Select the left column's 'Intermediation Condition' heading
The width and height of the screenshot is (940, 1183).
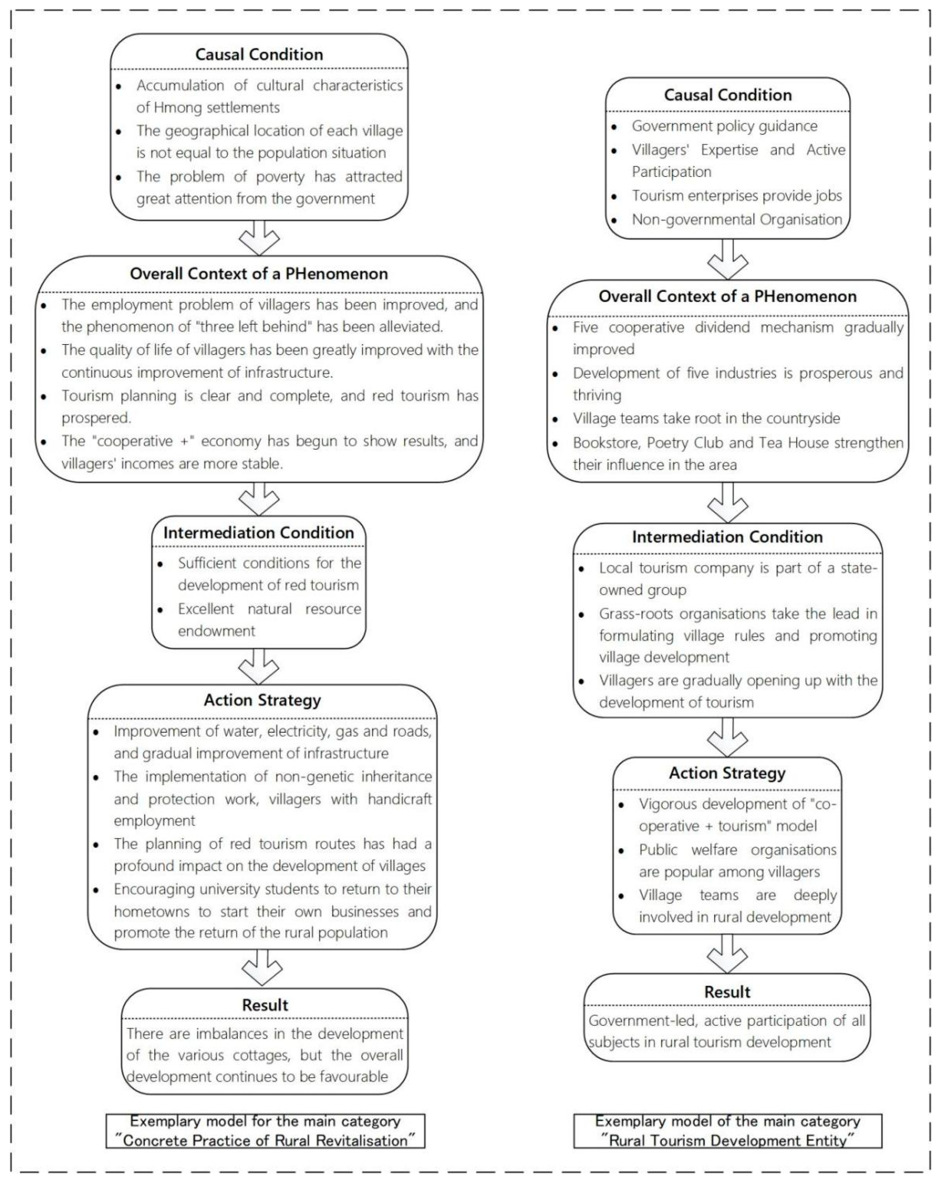tap(258, 533)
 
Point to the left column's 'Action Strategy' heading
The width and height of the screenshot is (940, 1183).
tap(262, 700)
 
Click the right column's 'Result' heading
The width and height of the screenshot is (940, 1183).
tap(727, 992)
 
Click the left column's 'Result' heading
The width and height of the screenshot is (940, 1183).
tap(265, 1005)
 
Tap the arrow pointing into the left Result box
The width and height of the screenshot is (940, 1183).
tap(262, 967)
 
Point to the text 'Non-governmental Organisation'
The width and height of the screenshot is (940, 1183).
tap(736, 219)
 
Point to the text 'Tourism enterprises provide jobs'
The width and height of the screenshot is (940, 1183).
tap(736, 196)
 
